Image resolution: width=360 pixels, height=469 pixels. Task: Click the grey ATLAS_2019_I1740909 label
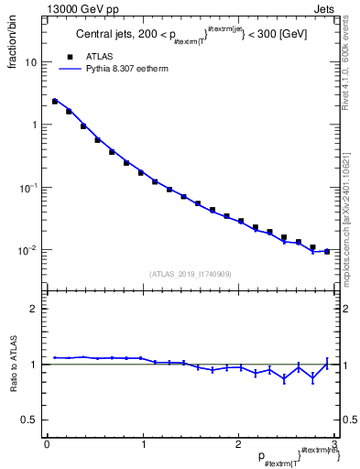click(x=191, y=274)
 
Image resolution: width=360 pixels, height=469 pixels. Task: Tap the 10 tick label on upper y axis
click(x=31, y=62)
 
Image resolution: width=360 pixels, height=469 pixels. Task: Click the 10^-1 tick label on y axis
click(x=29, y=188)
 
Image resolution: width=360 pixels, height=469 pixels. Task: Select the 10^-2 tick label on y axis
click(x=29, y=250)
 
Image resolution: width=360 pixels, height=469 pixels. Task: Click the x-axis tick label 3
click(x=334, y=444)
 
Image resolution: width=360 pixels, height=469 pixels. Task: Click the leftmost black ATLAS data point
click(x=55, y=102)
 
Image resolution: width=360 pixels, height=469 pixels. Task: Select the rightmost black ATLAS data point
click(x=327, y=251)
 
